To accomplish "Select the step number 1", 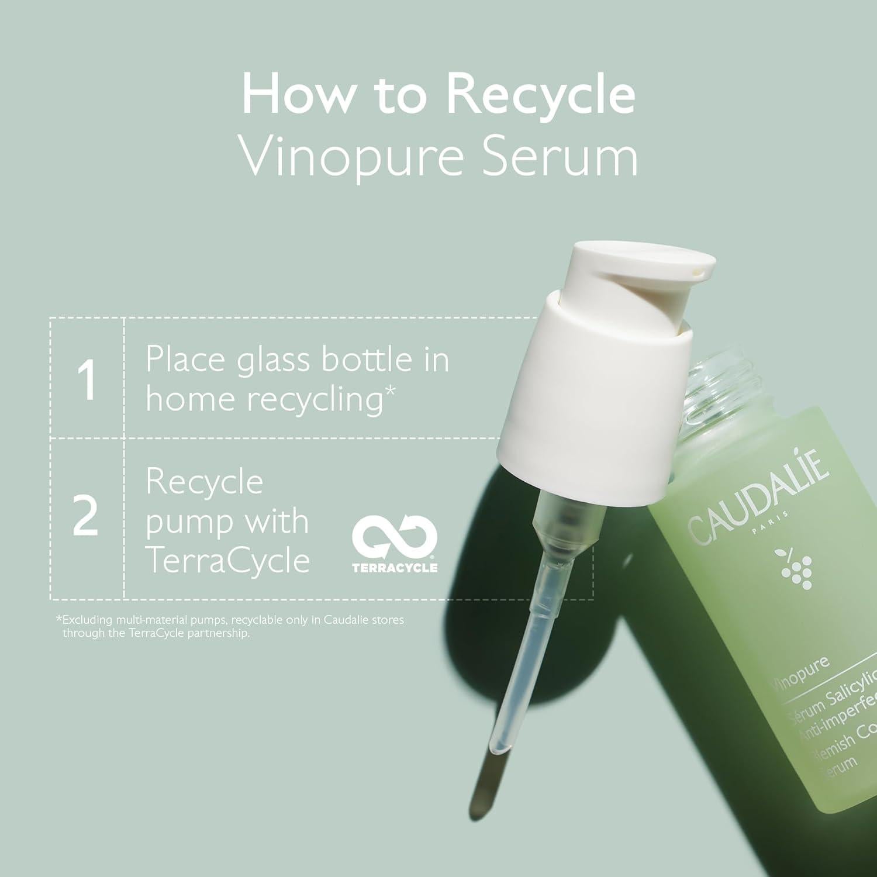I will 87,381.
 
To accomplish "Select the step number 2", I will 85,517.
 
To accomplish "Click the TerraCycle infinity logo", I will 395,537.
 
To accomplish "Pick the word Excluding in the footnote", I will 88,620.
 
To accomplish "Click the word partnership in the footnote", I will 218,633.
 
